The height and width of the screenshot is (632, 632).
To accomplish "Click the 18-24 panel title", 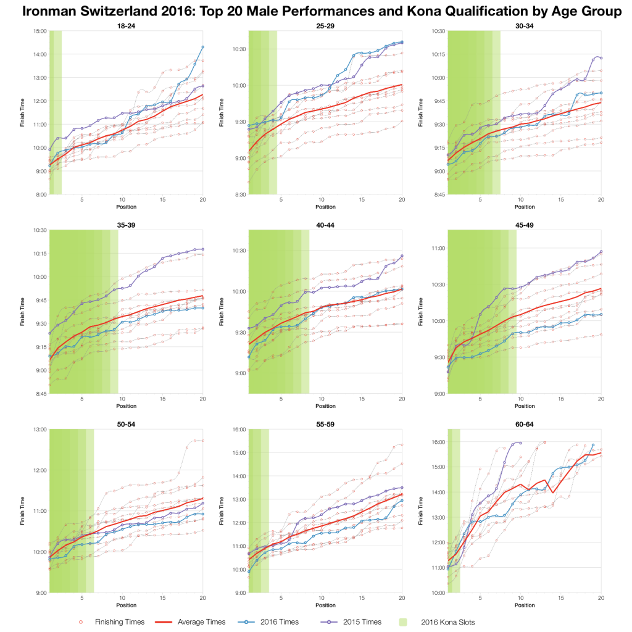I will point(126,25).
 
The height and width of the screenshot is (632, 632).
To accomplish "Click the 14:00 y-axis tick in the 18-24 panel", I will point(40,54).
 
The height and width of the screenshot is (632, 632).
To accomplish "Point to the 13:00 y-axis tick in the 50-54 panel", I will point(40,430).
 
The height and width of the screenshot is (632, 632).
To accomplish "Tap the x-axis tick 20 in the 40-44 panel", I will point(402,399).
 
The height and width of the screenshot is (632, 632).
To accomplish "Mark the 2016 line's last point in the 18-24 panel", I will point(202,47).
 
